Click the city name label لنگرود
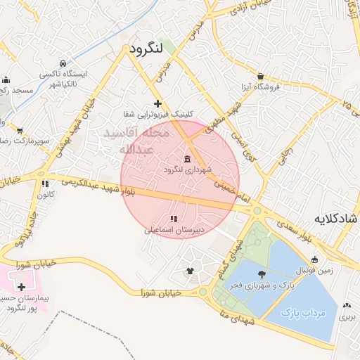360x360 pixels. point(146,49)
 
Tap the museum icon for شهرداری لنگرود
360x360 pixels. point(187,158)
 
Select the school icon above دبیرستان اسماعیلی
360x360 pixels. point(174,219)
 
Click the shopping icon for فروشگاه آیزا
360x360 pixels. point(261,76)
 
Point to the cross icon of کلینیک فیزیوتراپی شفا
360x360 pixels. point(157,103)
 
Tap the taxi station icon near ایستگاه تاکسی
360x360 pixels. point(64,63)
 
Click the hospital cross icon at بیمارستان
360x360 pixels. point(22,287)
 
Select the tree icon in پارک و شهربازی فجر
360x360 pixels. point(262,275)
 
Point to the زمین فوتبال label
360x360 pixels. point(335,269)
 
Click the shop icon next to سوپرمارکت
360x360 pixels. point(19,131)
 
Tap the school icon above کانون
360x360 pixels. point(46,184)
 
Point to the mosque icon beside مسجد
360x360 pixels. point(6,79)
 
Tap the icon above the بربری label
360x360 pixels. point(347,306)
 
